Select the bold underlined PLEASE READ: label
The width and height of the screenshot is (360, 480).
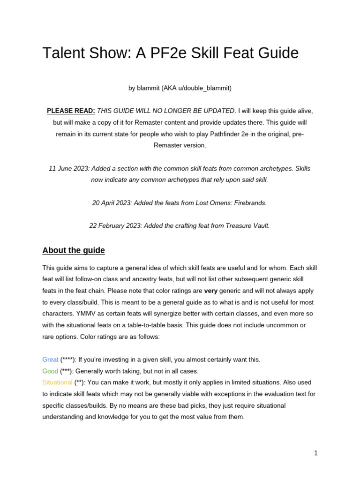coord(71,111)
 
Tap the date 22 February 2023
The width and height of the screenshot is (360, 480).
coord(115,226)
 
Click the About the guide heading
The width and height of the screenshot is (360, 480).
coord(74,250)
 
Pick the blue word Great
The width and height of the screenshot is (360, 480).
coord(50,360)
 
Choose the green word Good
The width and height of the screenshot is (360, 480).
coord(50,371)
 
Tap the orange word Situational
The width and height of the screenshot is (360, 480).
coord(57,382)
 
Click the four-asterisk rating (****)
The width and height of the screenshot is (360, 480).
coord(68,360)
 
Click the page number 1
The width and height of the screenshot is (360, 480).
coord(316,453)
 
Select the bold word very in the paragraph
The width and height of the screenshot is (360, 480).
coord(211,291)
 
